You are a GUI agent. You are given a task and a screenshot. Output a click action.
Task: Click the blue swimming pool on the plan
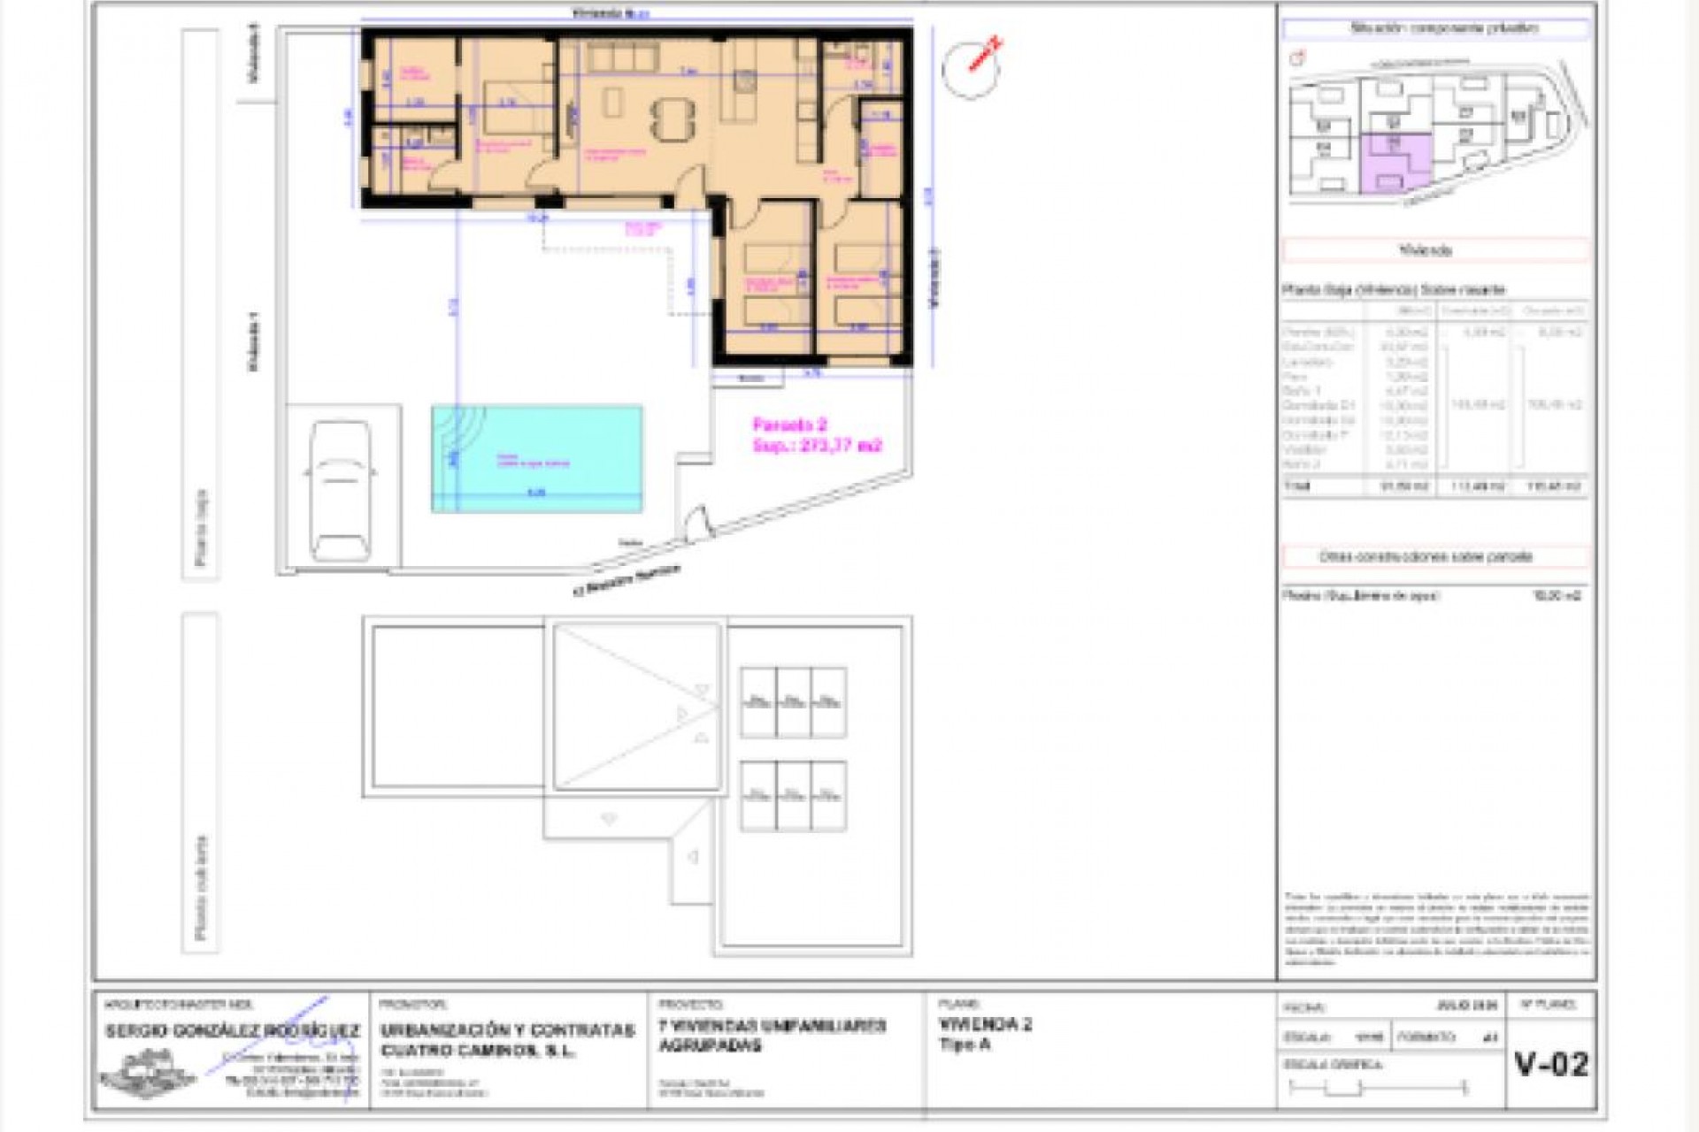pos(537,458)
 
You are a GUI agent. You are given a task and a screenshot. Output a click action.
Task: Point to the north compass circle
pos(970,69)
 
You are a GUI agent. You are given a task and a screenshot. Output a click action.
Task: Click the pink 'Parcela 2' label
pos(789,424)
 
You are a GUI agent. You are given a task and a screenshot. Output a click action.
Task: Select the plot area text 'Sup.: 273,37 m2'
pos(817,446)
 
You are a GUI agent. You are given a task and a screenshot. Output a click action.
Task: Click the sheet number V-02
pos(1551,1064)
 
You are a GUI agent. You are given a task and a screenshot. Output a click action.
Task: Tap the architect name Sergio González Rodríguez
pos(232,1031)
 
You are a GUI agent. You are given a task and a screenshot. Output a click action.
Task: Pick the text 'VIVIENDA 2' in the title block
pos(985,1024)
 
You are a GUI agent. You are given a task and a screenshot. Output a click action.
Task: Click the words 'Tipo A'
pos(965,1044)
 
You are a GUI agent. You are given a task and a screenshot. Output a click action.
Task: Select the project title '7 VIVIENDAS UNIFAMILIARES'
pos(772,1026)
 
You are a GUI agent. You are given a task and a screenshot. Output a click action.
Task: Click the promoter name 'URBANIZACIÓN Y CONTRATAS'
pos(507,1030)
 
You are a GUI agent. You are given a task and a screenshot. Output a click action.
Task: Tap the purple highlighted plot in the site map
pos(1394,164)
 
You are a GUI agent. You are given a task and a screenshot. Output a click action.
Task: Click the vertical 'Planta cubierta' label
pos(202,887)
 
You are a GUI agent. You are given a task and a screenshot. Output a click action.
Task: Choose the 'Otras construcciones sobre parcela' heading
pos(1426,557)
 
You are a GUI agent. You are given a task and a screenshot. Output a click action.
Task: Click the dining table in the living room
pos(673,118)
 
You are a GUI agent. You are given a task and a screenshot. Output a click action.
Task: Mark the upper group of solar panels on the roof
pos(793,702)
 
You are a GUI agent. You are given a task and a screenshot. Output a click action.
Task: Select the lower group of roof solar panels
pos(793,796)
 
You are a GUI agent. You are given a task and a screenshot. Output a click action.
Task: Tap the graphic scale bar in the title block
pos(1378,1088)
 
